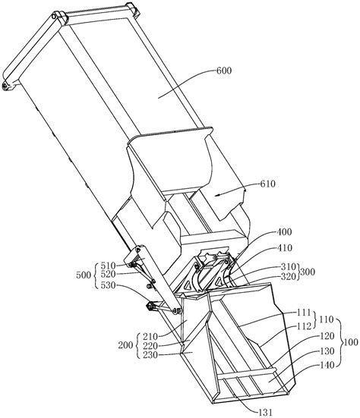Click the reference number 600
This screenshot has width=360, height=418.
(x=224, y=71)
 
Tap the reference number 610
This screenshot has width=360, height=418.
(x=267, y=184)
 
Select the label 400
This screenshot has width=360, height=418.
(x=285, y=232)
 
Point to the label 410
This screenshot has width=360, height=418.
(x=285, y=248)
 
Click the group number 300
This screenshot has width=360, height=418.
(x=308, y=272)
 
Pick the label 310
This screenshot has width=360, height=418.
(x=289, y=266)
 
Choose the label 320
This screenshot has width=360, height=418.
(x=289, y=276)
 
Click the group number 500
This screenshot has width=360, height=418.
(x=84, y=275)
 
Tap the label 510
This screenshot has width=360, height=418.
(x=108, y=266)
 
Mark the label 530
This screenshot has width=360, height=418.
(x=108, y=285)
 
